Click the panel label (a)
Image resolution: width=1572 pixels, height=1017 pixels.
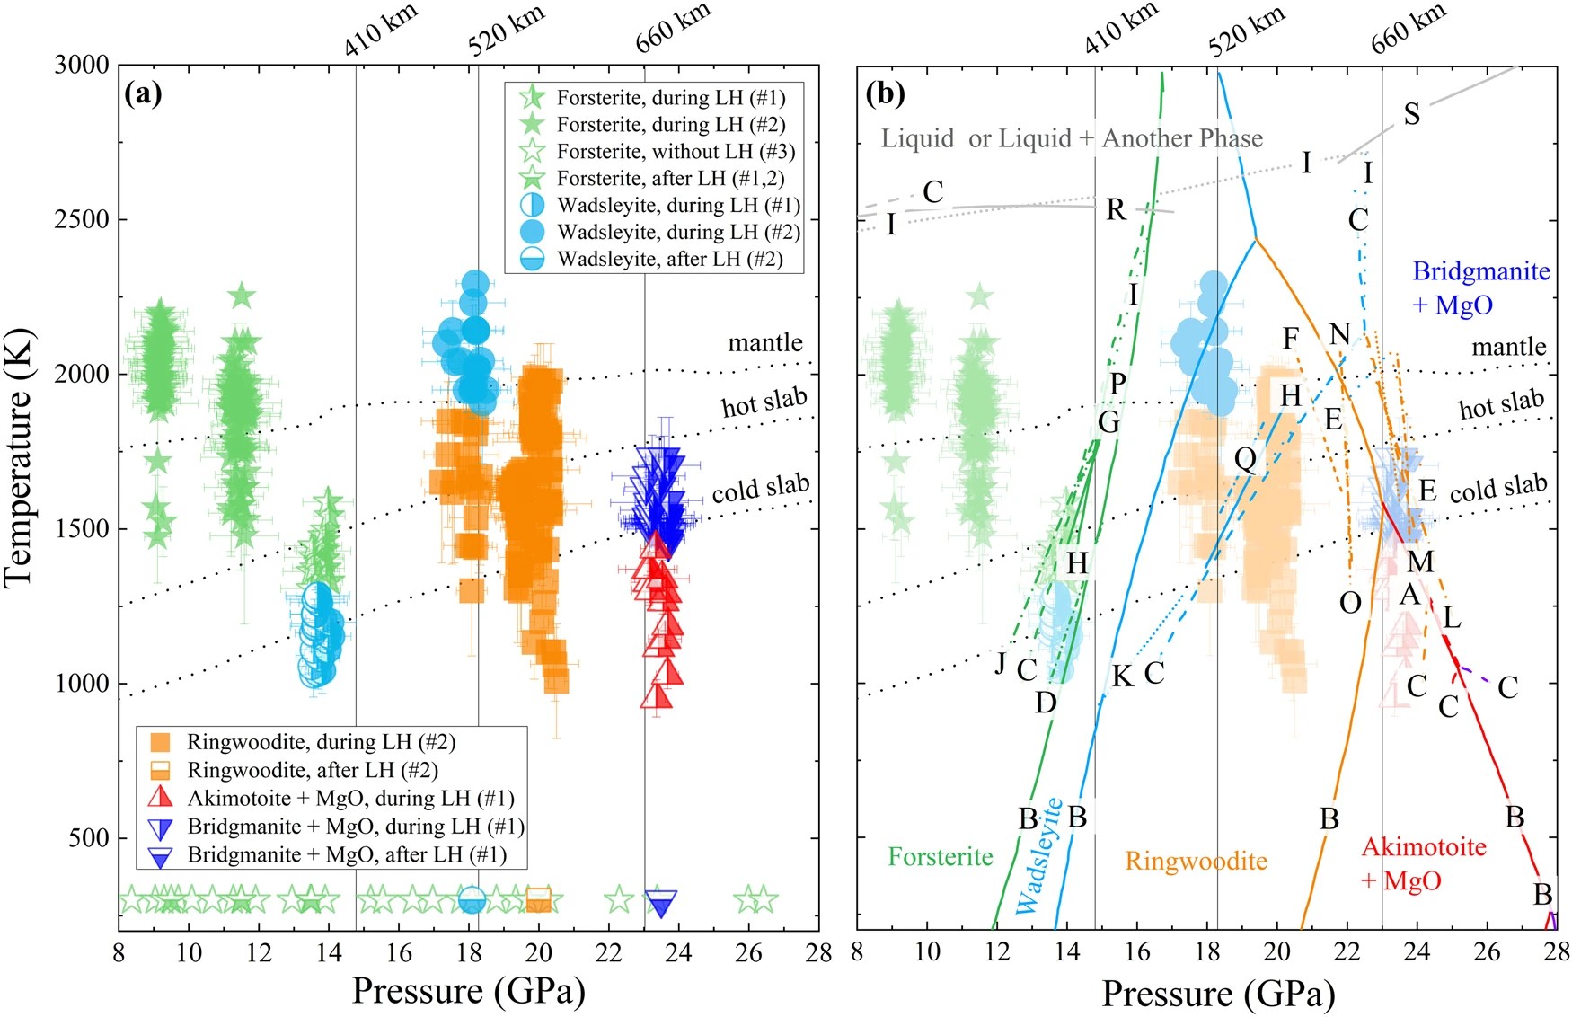[144, 93]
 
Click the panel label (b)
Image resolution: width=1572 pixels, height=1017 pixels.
[885, 93]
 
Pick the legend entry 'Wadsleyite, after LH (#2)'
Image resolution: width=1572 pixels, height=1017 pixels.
[669, 259]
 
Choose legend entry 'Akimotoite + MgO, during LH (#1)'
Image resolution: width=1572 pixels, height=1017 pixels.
[350, 798]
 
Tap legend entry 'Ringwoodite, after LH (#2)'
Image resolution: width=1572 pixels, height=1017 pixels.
[312, 770]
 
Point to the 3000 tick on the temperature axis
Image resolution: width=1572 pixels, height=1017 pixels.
[81, 65]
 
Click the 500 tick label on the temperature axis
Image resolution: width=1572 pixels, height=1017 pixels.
[88, 837]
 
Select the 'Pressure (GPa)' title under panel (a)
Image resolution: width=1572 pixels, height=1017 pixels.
[468, 991]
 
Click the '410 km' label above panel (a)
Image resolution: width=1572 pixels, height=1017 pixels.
[381, 31]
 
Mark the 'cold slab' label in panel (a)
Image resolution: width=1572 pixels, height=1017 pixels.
[760, 488]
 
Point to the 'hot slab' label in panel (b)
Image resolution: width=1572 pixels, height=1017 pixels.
[1501, 404]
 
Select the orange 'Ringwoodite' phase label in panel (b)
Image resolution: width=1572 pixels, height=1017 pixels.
[1196, 861]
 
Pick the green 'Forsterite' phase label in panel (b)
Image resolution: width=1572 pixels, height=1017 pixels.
[941, 856]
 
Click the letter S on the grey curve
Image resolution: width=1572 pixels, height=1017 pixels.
[1412, 114]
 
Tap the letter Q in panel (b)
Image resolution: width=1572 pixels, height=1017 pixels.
[1245, 460]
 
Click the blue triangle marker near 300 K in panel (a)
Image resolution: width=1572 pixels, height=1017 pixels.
[661, 903]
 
